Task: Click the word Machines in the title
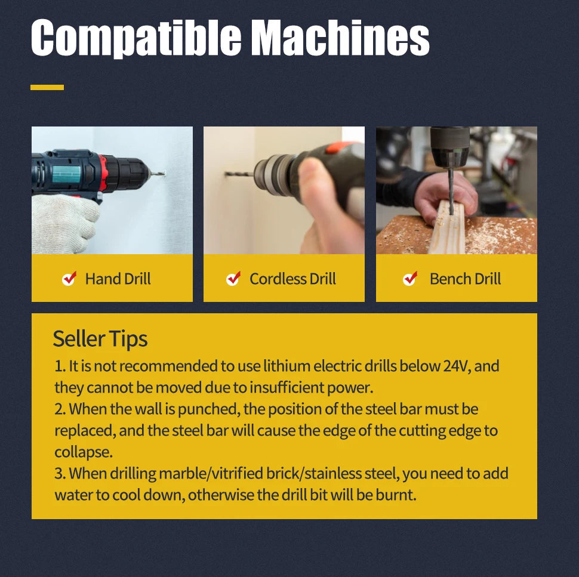pos(342,36)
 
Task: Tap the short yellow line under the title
pos(47,87)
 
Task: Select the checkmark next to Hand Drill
pos(69,278)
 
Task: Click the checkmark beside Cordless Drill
pos(233,278)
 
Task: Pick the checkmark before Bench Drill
pos(410,278)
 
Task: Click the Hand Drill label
pos(118,279)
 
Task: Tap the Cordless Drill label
pos(292,279)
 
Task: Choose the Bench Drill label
pos(465,279)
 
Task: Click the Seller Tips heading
pos(100,338)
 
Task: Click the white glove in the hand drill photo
pos(64,223)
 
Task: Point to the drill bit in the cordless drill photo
pos(239,174)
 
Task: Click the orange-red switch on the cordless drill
pos(338,147)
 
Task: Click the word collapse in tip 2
pos(84,452)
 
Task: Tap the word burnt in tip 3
pos(396,495)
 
